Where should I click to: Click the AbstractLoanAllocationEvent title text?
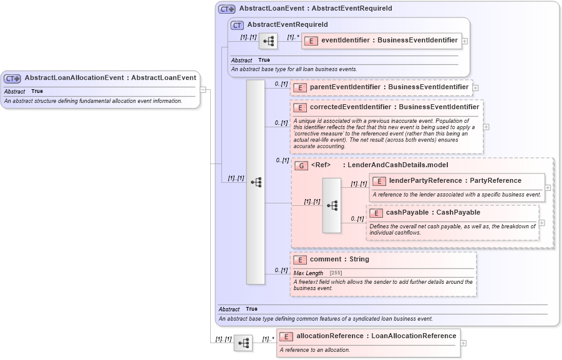(110, 78)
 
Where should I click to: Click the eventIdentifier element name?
(389, 41)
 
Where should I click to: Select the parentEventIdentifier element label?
(389, 87)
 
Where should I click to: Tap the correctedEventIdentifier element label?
(394, 107)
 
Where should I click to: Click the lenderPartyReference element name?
(455, 181)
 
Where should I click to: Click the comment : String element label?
(339, 260)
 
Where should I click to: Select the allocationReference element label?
(376, 336)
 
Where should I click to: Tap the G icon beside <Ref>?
(301, 166)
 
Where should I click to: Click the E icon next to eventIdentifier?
(311, 41)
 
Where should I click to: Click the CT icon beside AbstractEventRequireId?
(237, 25)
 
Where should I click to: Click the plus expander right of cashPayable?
(541, 223)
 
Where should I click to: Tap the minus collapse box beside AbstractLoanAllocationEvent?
(203, 89)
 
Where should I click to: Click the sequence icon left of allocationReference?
(243, 343)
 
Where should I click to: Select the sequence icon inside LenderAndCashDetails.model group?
(332, 205)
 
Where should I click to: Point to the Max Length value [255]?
(336, 273)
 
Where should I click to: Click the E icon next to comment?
(300, 260)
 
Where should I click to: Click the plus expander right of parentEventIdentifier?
(475, 88)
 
